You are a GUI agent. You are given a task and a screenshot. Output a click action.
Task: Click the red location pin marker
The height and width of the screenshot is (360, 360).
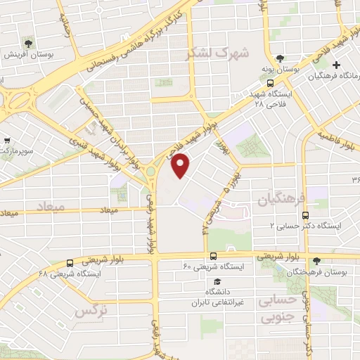coord(181,165)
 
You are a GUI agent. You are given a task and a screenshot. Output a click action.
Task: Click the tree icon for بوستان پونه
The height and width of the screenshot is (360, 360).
coord(281,58)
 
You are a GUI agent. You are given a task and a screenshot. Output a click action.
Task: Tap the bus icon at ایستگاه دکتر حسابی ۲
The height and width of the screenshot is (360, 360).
coord(305,215)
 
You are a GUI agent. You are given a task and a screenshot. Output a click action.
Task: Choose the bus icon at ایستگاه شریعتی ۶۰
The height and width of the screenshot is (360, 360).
coord(213,257)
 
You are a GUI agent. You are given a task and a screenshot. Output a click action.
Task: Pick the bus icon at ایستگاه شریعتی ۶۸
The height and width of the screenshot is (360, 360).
coord(69,262)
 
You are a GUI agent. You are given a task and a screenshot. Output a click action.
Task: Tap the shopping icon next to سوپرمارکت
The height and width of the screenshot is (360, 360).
coord(8,141)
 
